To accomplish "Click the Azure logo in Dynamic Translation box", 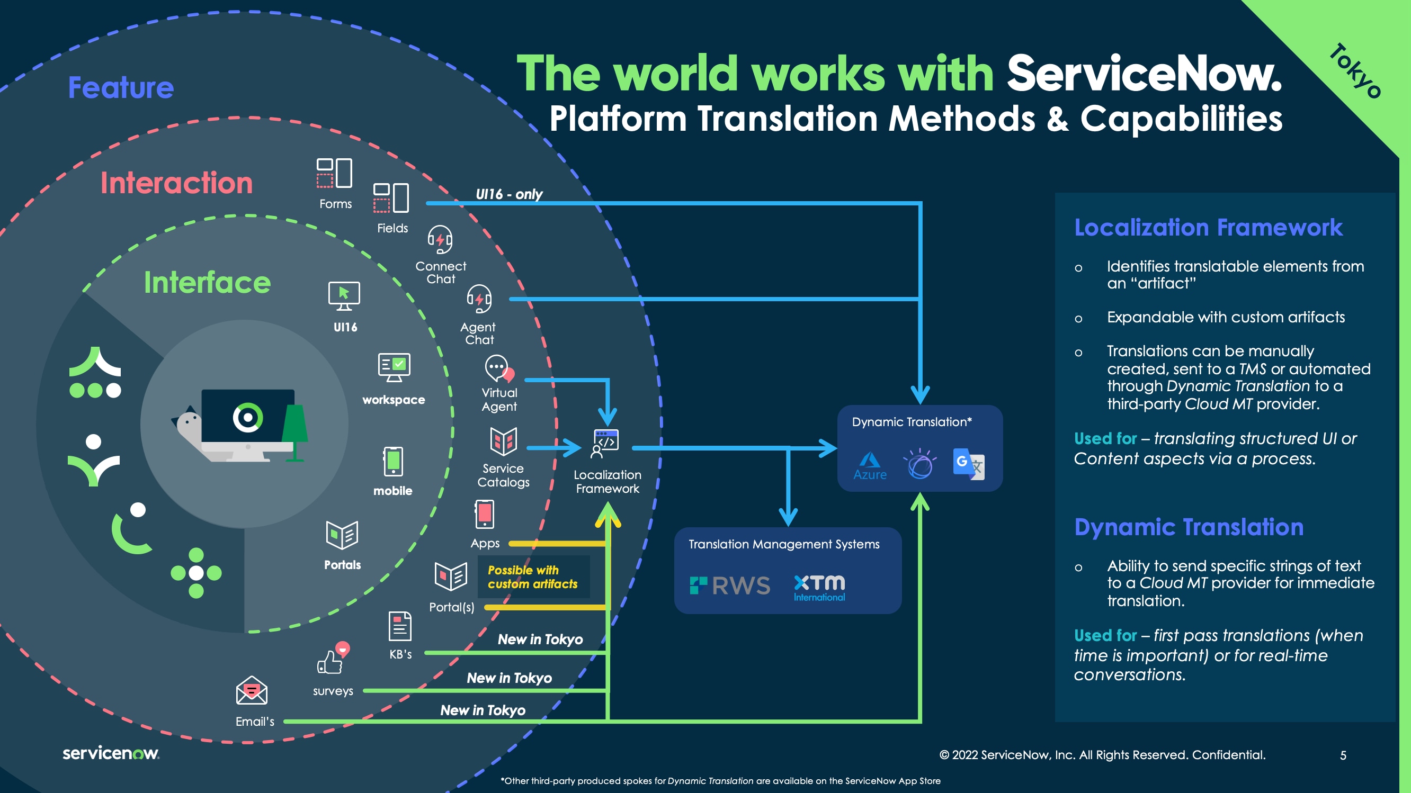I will click(870, 465).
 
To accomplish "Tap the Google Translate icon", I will click(968, 464).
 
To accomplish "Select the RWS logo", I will click(730, 585).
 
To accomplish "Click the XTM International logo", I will click(819, 588).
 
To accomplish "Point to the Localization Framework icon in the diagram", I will click(606, 443).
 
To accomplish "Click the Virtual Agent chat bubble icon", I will click(498, 368).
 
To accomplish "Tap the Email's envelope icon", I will click(252, 691).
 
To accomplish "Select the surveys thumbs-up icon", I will click(332, 660).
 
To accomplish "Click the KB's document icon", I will click(400, 626).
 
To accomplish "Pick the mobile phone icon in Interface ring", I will click(394, 462).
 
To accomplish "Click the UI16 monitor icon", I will click(344, 296).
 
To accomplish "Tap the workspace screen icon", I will click(394, 367).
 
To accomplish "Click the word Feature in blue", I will click(121, 87).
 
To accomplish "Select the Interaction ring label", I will click(176, 183).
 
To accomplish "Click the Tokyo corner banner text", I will click(1354, 71).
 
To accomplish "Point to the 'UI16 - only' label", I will click(509, 194).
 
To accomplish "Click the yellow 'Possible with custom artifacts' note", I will click(532, 577).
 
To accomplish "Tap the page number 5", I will click(1343, 755).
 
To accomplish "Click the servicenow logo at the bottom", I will click(111, 754).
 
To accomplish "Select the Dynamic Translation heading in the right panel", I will click(1189, 527).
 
